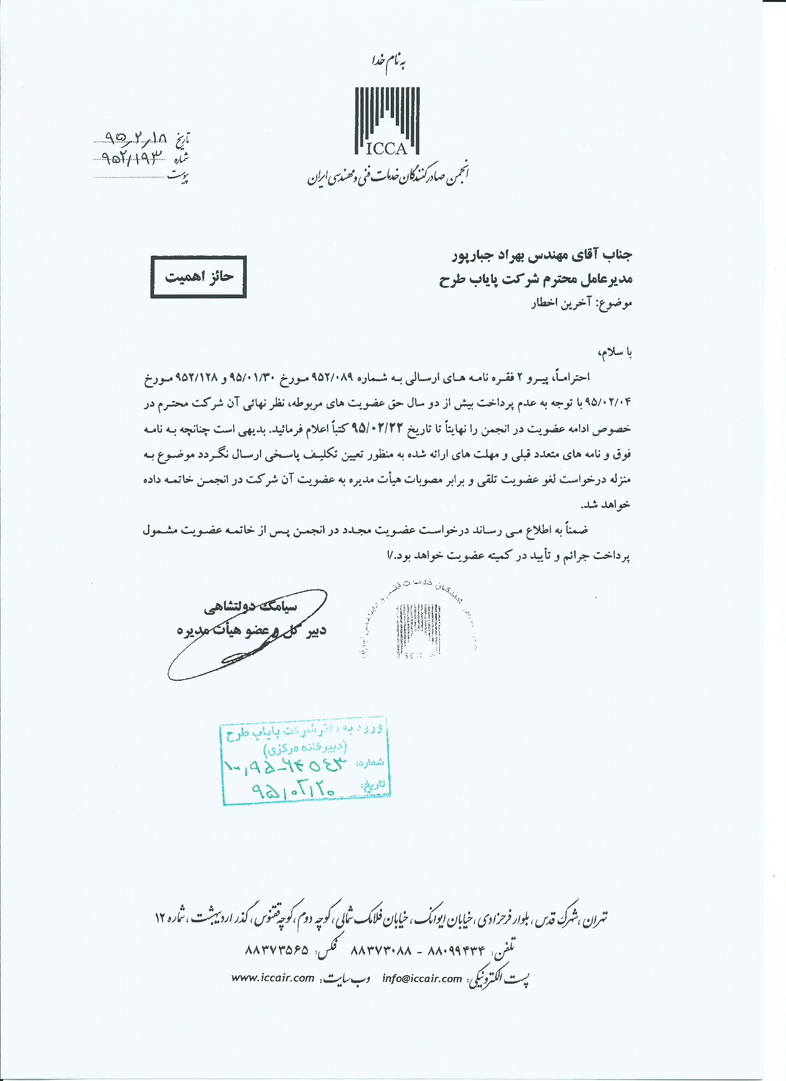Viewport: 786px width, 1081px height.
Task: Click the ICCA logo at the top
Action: click(387, 122)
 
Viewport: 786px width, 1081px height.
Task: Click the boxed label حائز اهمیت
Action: click(198, 277)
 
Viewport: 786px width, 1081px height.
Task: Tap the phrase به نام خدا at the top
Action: click(388, 62)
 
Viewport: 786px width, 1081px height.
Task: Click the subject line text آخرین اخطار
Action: click(560, 303)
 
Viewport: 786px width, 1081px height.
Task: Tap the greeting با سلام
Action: click(614, 352)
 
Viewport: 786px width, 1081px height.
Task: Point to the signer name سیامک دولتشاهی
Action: click(251, 607)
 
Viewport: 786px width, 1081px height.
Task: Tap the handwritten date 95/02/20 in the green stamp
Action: click(294, 790)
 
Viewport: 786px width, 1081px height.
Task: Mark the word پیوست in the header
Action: click(179, 177)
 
